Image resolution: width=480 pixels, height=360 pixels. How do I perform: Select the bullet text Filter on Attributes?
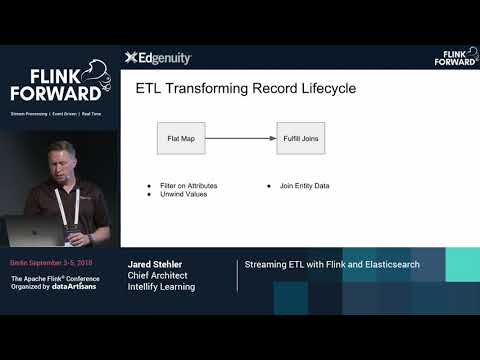(189, 186)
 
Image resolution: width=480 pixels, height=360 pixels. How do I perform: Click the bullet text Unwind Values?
(182, 194)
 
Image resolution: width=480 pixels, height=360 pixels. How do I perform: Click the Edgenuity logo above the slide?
(158, 58)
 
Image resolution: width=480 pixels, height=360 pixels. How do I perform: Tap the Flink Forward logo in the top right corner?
(455, 57)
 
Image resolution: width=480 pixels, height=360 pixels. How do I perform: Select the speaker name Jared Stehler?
(155, 265)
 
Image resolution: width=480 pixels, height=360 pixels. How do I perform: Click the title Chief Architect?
(157, 276)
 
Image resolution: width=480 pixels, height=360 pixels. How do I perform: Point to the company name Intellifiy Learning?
(161, 287)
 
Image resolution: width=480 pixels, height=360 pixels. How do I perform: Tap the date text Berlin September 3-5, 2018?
(50, 263)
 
